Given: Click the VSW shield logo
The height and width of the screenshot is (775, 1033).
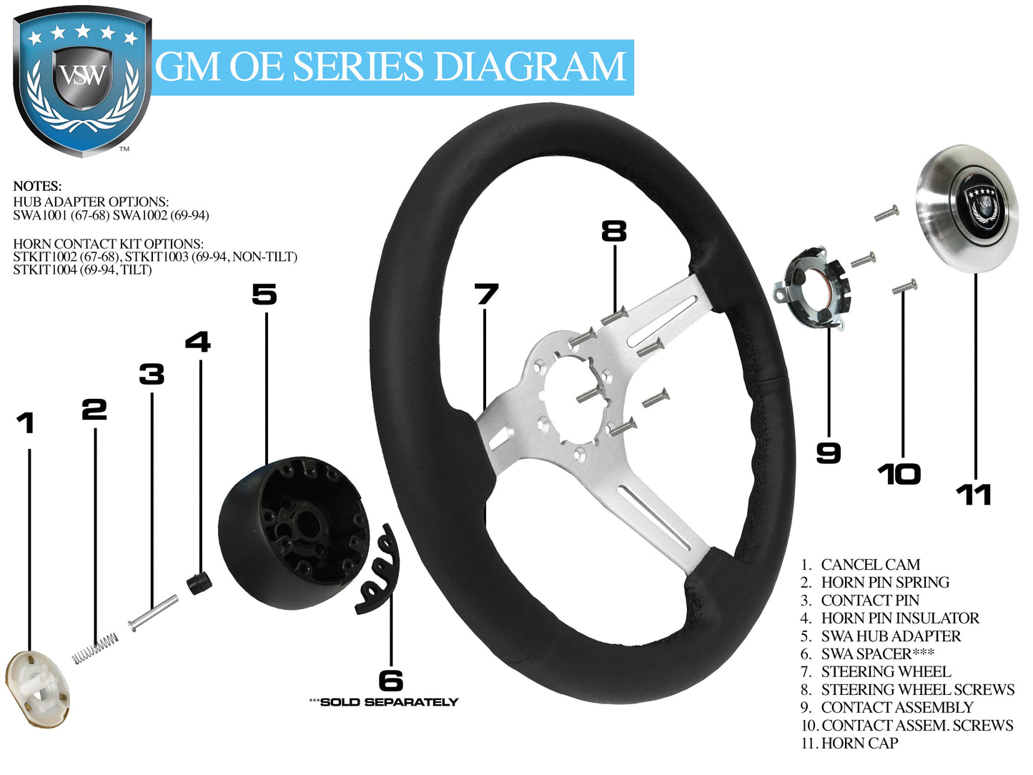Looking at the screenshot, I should [x=82, y=82].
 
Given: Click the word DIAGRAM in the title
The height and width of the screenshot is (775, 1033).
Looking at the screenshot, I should [x=529, y=67].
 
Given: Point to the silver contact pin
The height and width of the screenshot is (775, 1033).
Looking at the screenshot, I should [x=153, y=613].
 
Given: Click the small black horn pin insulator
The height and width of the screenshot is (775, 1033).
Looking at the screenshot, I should [x=199, y=582].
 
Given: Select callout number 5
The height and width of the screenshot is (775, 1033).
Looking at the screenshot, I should [x=265, y=294].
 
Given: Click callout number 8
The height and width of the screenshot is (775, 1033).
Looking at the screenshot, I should [x=613, y=231].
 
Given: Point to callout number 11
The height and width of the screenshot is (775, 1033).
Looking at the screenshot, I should [x=973, y=495].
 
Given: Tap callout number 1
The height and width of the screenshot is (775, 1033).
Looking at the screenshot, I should [x=26, y=423].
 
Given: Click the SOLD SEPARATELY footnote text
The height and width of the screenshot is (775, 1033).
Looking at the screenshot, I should [x=388, y=702].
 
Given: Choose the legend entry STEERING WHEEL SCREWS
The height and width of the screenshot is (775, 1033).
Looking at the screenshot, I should [x=917, y=690].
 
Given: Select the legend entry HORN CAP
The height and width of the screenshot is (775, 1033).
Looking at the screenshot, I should [x=859, y=744].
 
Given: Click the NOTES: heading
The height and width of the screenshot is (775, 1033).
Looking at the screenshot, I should [x=37, y=187].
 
